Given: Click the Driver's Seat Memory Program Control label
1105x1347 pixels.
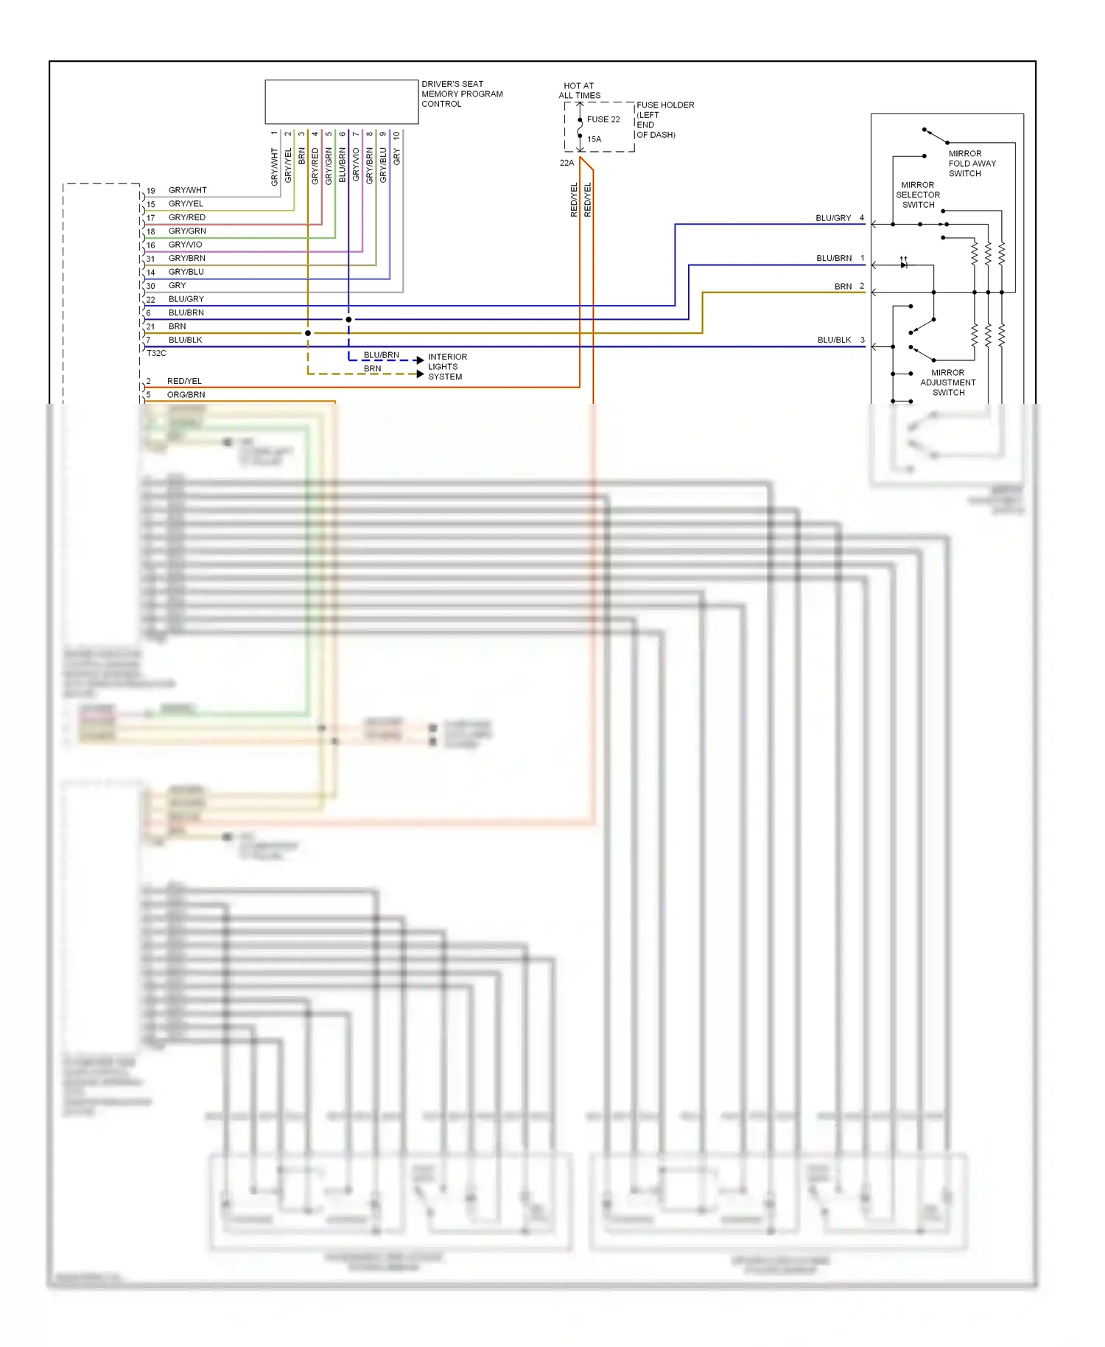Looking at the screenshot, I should (x=461, y=94).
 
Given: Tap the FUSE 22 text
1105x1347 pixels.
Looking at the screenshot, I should (x=603, y=119).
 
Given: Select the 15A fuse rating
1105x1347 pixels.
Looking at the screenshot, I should (x=594, y=139).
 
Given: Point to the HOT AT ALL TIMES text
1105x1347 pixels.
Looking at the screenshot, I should (x=579, y=91).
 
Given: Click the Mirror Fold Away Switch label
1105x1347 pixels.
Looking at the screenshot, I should (x=971, y=164).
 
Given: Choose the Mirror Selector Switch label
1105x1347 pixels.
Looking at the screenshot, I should (x=917, y=195).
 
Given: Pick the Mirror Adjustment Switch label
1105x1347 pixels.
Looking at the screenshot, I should (x=947, y=382).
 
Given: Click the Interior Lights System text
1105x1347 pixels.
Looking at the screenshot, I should (x=446, y=366).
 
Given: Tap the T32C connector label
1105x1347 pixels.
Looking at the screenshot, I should (x=156, y=353).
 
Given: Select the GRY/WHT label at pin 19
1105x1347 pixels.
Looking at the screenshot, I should (x=187, y=190).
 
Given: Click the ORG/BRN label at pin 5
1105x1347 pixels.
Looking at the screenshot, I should (x=186, y=395).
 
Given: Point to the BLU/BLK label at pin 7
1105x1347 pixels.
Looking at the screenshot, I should (x=185, y=340).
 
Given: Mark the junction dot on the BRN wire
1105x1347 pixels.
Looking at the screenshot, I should (x=308, y=333).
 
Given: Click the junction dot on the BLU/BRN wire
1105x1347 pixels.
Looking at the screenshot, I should (x=348, y=319).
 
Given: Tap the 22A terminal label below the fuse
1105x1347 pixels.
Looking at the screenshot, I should (x=566, y=163).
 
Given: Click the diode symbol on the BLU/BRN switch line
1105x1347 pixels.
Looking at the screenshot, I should (x=903, y=265).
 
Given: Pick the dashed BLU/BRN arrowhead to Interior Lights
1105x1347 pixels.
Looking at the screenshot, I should (x=420, y=360).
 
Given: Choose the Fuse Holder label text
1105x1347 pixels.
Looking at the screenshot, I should (x=664, y=119).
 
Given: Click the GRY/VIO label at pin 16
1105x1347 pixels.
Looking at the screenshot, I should (x=185, y=245).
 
